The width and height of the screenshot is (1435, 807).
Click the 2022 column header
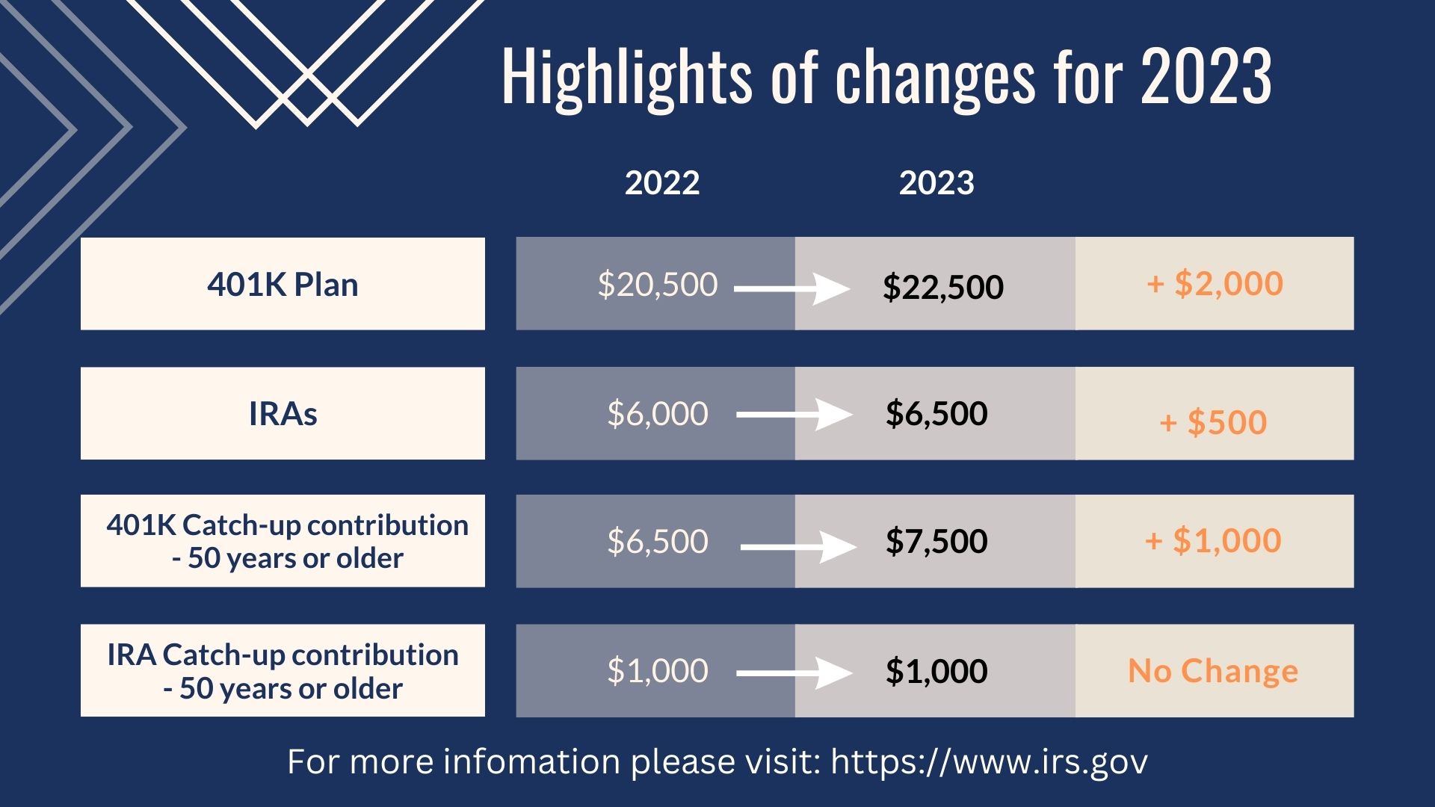coord(662,183)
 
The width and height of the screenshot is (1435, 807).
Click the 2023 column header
coord(936,183)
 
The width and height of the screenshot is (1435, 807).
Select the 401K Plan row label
coord(283,285)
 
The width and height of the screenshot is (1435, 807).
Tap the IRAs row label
coord(283,413)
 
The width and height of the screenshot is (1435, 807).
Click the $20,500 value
coord(658,285)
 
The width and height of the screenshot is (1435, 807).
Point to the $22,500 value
coord(942,288)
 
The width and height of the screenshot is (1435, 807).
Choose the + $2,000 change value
coord(1215,283)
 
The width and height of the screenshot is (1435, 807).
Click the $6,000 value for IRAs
coord(658,413)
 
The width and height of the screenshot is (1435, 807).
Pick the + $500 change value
coord(1213,422)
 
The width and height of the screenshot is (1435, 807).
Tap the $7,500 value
coord(936,541)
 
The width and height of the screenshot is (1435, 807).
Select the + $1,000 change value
coord(1213,540)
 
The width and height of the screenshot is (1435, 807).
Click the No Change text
coord(1213,670)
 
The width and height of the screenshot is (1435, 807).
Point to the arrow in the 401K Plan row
coord(792,288)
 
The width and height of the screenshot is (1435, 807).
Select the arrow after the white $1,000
coord(794,673)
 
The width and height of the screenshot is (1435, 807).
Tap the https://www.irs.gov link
coord(990,762)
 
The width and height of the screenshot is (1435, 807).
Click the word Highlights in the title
coord(627,77)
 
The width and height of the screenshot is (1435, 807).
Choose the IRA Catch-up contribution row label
coord(283,671)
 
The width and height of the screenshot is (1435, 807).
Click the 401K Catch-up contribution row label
coord(287,541)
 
